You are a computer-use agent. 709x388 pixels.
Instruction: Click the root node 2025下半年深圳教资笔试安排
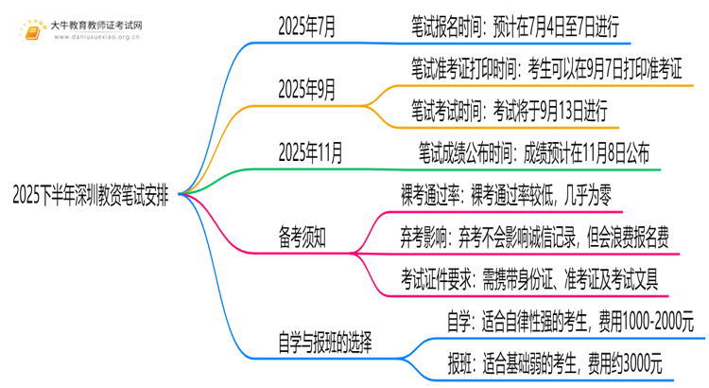[91, 196]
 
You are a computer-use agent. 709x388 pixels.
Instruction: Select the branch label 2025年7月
[306, 26]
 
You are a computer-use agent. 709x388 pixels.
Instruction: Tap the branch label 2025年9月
[306, 89]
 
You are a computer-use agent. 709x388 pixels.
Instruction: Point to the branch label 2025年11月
[310, 152]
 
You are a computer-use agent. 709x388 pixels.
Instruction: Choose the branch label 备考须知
[303, 238]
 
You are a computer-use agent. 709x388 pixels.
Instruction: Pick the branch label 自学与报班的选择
[325, 343]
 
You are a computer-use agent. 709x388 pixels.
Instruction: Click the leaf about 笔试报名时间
[515, 26]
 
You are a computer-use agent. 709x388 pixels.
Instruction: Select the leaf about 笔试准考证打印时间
[546, 68]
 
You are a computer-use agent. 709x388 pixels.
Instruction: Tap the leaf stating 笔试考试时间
[510, 111]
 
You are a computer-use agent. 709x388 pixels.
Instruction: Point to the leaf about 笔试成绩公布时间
[534, 152]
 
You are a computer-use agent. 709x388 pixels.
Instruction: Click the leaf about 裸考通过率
[506, 195]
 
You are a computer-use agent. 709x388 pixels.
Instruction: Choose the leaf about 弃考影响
[534, 238]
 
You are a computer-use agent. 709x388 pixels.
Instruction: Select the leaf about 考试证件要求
[529, 279]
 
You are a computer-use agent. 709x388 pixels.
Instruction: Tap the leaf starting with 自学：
[570, 322]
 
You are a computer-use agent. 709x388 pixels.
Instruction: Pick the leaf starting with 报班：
[555, 363]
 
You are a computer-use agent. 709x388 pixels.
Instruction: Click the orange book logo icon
[32, 31]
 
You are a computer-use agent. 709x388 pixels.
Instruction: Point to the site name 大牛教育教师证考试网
[96, 26]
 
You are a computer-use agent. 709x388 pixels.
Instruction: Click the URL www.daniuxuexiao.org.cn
[96, 37]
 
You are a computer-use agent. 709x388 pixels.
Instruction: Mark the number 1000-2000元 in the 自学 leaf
[658, 322]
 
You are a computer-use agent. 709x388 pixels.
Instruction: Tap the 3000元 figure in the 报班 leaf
[643, 363]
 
